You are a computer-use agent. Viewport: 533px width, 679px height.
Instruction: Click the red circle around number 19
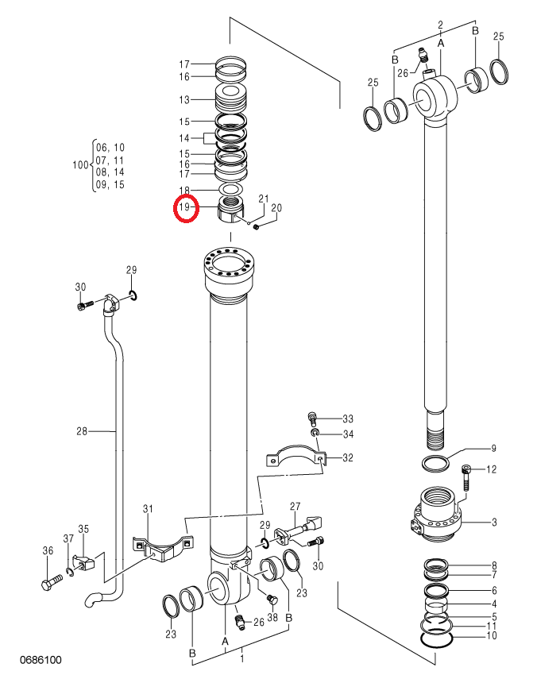pyautogui.click(x=175, y=209)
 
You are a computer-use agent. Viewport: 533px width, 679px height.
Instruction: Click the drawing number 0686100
pyautogui.click(x=41, y=661)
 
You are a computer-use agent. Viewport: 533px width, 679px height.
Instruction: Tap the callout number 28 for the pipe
pyautogui.click(x=82, y=431)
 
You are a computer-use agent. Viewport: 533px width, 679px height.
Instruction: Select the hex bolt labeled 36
pyautogui.click(x=52, y=581)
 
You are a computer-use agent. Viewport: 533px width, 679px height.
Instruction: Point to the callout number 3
pyautogui.click(x=494, y=523)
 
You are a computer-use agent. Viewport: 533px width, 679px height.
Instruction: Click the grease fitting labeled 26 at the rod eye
pyautogui.click(x=423, y=56)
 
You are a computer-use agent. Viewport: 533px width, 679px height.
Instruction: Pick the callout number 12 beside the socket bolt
pyautogui.click(x=492, y=469)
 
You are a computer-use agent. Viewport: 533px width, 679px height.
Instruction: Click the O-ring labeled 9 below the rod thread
pyautogui.click(x=435, y=464)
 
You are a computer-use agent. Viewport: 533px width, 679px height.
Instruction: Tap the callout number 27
pyautogui.click(x=295, y=506)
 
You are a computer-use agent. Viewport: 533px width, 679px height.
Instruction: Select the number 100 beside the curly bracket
pyautogui.click(x=80, y=165)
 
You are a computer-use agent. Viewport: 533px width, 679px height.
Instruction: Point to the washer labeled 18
pyautogui.click(x=230, y=190)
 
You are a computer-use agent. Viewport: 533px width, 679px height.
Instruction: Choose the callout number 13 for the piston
pyautogui.click(x=184, y=99)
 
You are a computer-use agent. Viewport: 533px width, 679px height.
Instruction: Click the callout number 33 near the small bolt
pyautogui.click(x=348, y=419)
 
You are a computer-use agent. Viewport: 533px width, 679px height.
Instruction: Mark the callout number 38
pyautogui.click(x=272, y=616)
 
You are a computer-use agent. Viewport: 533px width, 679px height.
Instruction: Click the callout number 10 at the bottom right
pyautogui.click(x=492, y=636)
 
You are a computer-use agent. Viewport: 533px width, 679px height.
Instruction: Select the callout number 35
pyautogui.click(x=83, y=529)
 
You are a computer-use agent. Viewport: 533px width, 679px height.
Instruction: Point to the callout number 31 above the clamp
pyautogui.click(x=148, y=508)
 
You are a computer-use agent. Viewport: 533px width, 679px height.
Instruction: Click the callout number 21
pyautogui.click(x=264, y=199)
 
